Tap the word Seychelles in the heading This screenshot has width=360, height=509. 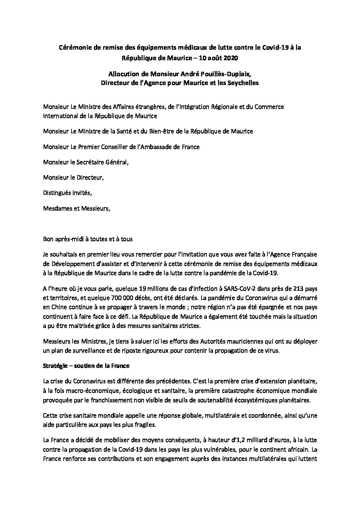243,83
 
